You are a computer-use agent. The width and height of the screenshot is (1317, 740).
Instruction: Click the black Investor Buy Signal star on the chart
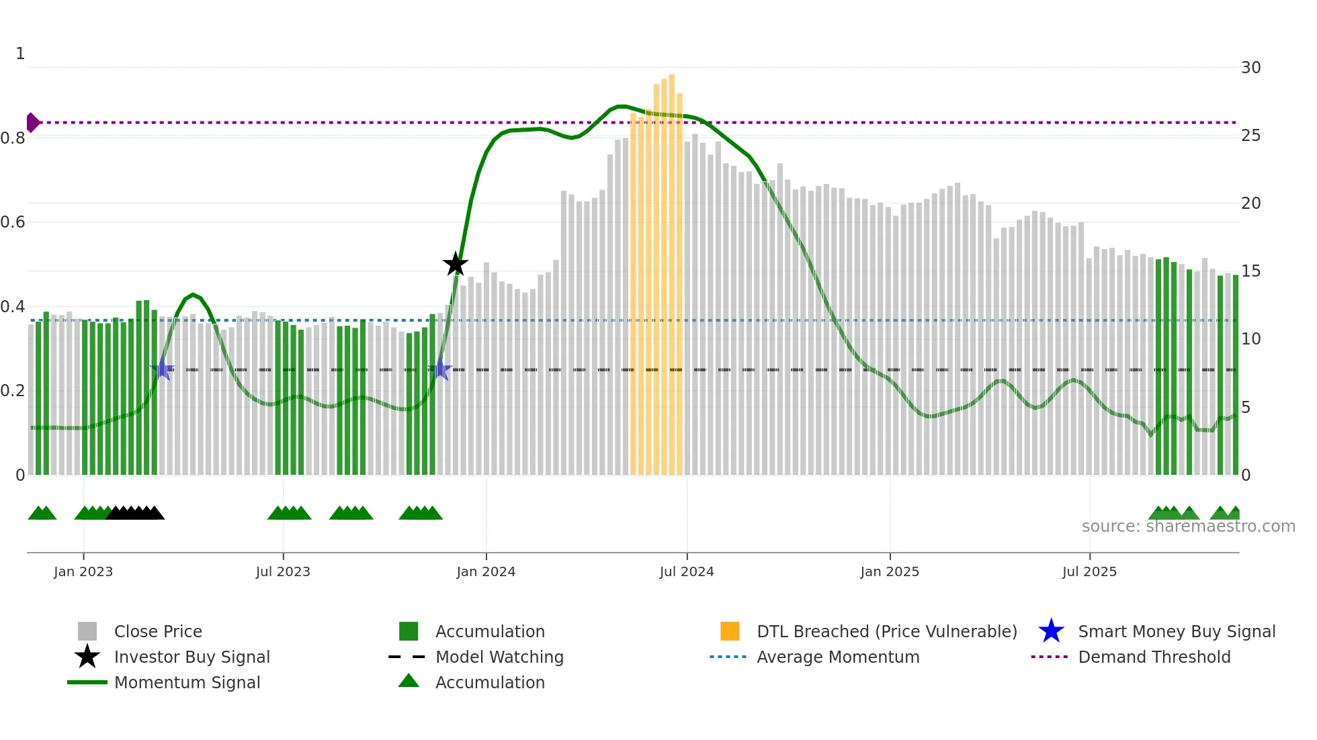pos(456,265)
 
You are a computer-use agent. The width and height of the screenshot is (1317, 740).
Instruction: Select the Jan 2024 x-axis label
pos(486,571)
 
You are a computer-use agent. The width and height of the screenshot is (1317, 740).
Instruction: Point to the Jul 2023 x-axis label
pos(283,571)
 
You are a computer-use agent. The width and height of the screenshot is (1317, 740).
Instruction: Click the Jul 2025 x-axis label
pos(1089,571)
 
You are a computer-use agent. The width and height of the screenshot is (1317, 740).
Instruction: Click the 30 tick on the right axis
pos(1250,67)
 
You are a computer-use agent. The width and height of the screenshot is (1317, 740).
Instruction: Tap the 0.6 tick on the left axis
pos(13,222)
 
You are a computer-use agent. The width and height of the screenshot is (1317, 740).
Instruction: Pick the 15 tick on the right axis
pos(1250,271)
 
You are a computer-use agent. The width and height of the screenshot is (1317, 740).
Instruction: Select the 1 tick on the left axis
pos(20,54)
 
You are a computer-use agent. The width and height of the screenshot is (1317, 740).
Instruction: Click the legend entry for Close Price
pos(158,631)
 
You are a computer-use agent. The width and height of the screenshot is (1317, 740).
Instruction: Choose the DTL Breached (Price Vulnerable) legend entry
pos(886,631)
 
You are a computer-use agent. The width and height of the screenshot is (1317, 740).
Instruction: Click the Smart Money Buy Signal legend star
pos(1051,631)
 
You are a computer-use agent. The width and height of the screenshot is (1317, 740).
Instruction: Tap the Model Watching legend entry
pos(499,657)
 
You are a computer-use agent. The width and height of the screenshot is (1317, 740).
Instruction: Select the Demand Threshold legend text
pos(1154,657)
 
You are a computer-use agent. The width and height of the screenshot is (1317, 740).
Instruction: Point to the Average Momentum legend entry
pos(837,657)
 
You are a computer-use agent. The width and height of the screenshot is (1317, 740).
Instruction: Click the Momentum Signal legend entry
pos(187,682)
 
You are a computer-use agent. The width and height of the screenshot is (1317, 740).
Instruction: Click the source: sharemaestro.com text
pos(1188,526)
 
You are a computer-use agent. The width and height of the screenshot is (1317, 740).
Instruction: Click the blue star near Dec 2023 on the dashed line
pos(440,369)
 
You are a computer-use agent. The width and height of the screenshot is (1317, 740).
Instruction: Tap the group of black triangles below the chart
pos(135,513)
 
